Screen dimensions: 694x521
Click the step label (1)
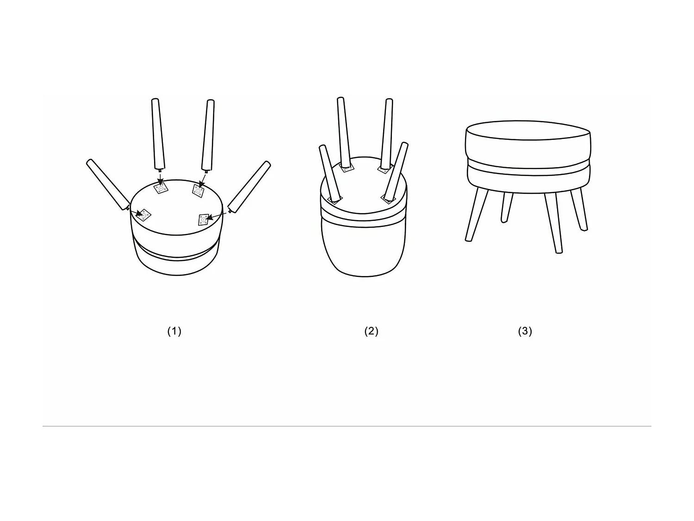[x=174, y=331]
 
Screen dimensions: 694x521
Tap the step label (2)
[x=371, y=331]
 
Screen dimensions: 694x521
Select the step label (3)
[x=525, y=331]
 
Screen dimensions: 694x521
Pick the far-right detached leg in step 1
[x=249, y=187]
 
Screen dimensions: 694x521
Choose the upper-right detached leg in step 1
[x=208, y=135]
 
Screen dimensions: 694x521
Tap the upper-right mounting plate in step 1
[x=198, y=190]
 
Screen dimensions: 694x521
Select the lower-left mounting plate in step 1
[x=144, y=215]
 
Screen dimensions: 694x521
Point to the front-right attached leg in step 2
[x=396, y=172]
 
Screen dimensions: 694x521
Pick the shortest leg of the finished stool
[x=507, y=207]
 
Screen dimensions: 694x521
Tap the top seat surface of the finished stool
[x=528, y=130]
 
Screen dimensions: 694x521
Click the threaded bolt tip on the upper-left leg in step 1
[x=160, y=170]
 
